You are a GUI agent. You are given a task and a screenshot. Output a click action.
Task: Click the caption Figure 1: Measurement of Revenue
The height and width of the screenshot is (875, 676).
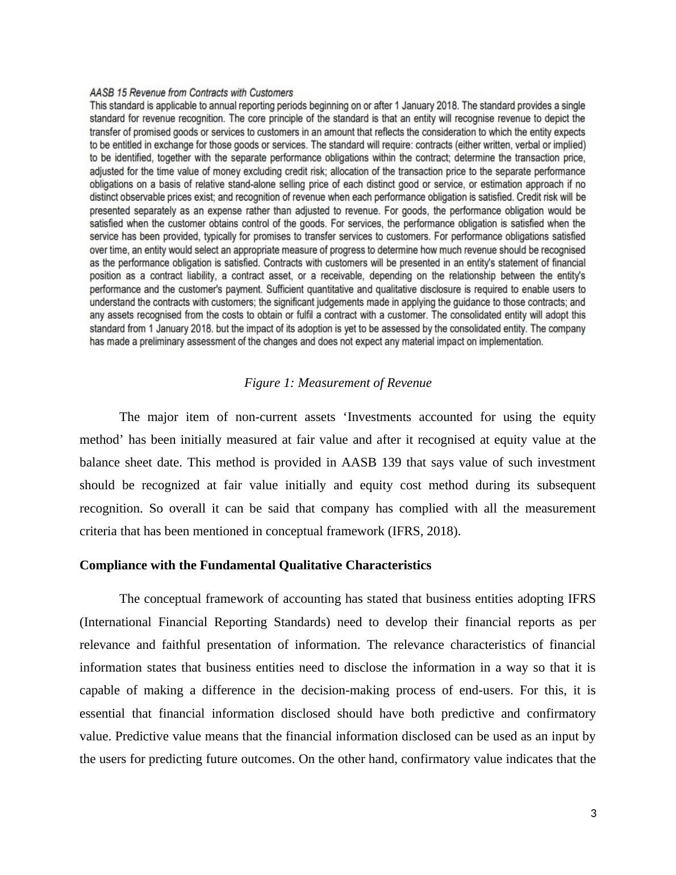337,383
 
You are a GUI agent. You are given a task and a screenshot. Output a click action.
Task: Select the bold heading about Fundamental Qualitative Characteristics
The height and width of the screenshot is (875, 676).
255,565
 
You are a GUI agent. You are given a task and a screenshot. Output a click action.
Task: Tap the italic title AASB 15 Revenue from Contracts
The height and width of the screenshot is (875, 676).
191,93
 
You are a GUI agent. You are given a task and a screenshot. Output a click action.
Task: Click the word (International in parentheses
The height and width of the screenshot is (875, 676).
116,622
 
